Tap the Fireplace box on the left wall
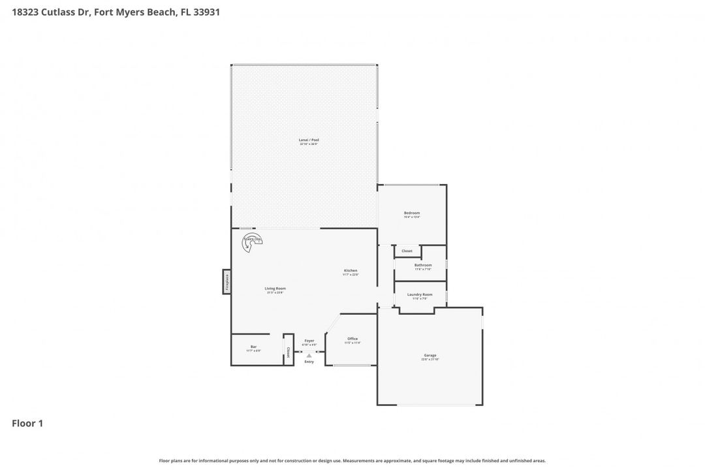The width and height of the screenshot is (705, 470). point(227,281)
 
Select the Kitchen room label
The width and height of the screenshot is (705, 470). point(351,270)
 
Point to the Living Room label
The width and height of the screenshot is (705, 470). point(275,289)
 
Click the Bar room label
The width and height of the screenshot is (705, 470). point(253,347)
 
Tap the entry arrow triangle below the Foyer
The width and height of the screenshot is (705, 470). point(309,356)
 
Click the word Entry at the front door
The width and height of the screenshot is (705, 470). point(309,362)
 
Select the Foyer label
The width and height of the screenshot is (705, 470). point(309,341)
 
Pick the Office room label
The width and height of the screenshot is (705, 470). point(352,339)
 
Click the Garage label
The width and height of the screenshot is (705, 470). point(430,355)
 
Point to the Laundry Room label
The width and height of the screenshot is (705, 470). point(420,294)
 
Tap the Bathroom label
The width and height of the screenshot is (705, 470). point(423,265)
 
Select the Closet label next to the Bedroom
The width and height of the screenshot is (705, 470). point(407,251)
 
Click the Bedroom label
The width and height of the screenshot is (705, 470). point(411,213)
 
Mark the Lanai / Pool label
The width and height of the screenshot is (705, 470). point(309,140)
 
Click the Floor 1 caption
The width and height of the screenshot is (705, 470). point(27,424)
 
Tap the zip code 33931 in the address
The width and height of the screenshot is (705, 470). point(206,12)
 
